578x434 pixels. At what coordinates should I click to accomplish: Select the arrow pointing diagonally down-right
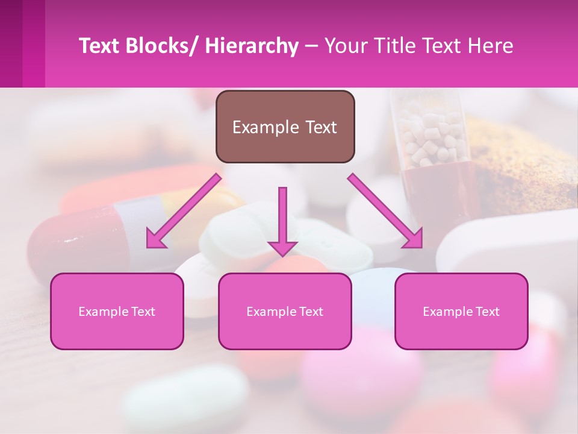click(386, 212)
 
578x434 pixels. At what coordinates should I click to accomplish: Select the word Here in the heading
click(491, 46)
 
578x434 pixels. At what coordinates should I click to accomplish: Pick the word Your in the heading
click(344, 46)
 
